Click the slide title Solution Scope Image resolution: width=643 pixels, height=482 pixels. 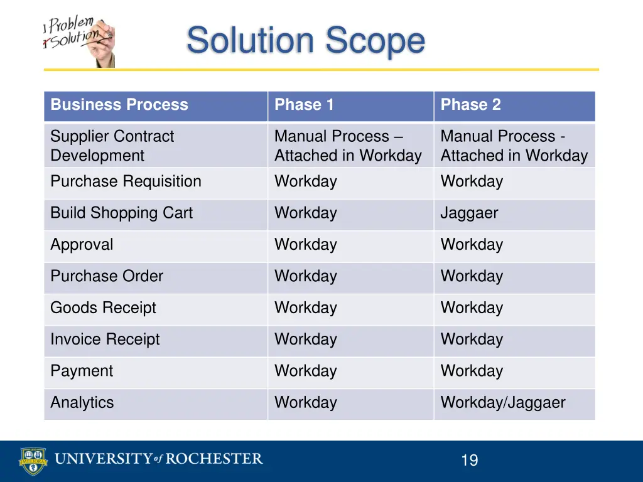tap(305, 41)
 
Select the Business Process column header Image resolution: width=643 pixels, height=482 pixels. tap(119, 105)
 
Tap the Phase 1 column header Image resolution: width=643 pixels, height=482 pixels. tap(305, 105)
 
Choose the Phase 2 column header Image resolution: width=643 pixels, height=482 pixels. tap(471, 105)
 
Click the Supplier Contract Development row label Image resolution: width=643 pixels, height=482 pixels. tap(112, 146)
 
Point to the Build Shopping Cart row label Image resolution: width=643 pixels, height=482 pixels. tap(122, 213)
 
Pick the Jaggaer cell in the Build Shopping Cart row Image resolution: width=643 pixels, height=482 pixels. tap(469, 213)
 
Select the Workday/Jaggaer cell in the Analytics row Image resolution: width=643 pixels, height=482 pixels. tap(503, 403)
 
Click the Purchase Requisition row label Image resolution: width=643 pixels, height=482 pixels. tap(126, 181)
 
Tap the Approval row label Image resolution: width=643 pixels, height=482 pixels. tap(82, 245)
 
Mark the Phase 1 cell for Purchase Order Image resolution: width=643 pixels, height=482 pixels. tap(306, 276)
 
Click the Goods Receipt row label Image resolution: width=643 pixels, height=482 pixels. tap(104, 308)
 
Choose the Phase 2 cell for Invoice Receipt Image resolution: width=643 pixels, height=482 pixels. tap(472, 340)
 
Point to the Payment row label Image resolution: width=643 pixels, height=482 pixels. tap(82, 371)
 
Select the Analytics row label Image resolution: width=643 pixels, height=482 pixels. tap(82, 403)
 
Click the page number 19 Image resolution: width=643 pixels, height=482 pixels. tap(469, 461)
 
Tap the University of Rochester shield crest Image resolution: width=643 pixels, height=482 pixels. tap(33, 461)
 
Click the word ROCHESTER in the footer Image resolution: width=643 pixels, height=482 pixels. tap(215, 459)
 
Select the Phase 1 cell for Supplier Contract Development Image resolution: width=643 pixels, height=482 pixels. tap(348, 146)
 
